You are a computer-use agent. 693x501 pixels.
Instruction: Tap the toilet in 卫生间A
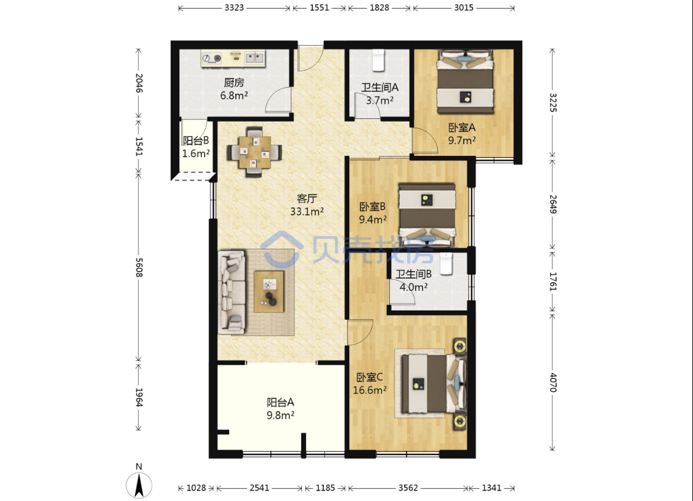tap(378, 60)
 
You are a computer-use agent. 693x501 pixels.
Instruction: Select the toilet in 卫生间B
tap(446, 264)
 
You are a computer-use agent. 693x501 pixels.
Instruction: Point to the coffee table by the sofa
tap(269, 291)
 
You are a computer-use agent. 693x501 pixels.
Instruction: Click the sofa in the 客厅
tap(232, 292)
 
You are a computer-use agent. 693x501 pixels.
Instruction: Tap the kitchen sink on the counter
tap(254, 57)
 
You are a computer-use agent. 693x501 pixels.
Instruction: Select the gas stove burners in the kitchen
tap(212, 59)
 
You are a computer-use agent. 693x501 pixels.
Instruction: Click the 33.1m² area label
tap(307, 211)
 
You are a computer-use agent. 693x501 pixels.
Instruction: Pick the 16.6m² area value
tap(370, 390)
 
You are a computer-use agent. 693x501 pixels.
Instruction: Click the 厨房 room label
tap(234, 82)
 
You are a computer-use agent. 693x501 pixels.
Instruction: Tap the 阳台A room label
tap(280, 402)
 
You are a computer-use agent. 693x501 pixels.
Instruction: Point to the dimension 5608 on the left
tap(139, 267)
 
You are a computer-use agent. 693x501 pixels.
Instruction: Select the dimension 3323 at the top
tap(234, 7)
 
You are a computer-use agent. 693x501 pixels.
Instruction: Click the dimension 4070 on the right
tap(553, 382)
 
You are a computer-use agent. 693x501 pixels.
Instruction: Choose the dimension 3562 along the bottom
tap(408, 487)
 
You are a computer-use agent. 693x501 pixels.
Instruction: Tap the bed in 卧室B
tap(427, 215)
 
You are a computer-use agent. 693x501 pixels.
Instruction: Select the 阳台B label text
tap(196, 141)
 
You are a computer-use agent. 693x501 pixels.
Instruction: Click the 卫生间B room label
tap(413, 274)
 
